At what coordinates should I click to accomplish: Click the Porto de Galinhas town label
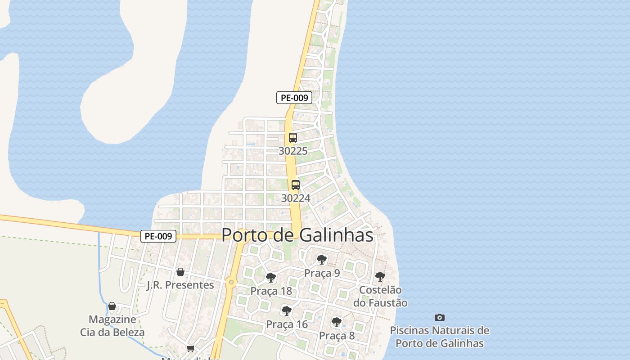pyautogui.click(x=297, y=235)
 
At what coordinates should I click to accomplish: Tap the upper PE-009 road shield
pyautogui.click(x=294, y=98)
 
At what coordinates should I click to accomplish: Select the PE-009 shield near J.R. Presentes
pyautogui.click(x=158, y=236)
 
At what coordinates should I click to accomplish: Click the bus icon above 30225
pyautogui.click(x=293, y=138)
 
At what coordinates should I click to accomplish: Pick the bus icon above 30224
pyautogui.click(x=296, y=184)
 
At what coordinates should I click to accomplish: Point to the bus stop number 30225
pyautogui.click(x=293, y=151)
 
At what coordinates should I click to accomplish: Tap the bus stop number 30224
pyautogui.click(x=296, y=198)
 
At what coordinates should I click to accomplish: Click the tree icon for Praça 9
pyautogui.click(x=322, y=259)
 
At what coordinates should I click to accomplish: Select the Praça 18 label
pyautogui.click(x=271, y=291)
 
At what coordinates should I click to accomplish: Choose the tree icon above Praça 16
pyautogui.click(x=287, y=310)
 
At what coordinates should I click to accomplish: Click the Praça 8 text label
pyautogui.click(x=337, y=335)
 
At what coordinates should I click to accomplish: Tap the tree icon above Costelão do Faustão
pyautogui.click(x=380, y=276)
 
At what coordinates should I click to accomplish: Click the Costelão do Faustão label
pyautogui.click(x=380, y=296)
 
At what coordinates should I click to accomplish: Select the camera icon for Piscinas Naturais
pyautogui.click(x=440, y=317)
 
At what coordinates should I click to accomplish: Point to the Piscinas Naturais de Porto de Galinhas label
pyautogui.click(x=439, y=337)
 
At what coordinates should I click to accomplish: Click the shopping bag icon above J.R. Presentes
pyautogui.click(x=180, y=272)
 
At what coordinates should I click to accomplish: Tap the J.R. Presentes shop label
pyautogui.click(x=180, y=285)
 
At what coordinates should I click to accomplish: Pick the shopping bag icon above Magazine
pyautogui.click(x=112, y=306)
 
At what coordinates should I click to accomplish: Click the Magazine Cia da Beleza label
pyautogui.click(x=112, y=326)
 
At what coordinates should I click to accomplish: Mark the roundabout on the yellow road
pyautogui.click(x=231, y=282)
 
